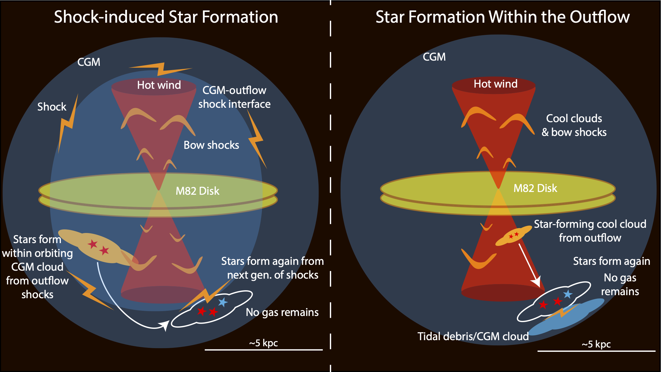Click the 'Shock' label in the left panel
52,107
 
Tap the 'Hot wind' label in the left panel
159,85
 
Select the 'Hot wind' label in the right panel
495,84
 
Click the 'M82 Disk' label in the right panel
535,188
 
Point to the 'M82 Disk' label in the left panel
197,191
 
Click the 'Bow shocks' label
211,145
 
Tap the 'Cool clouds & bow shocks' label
574,125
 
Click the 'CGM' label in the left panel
89,62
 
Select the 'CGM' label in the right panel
434,57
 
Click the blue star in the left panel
223,302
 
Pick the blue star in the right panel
568,294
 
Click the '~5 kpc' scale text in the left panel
263,343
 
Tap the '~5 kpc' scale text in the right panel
596,344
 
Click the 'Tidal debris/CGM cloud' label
473,336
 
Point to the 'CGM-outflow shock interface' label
234,97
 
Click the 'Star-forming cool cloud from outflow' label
590,231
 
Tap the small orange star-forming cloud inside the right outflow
513,236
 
